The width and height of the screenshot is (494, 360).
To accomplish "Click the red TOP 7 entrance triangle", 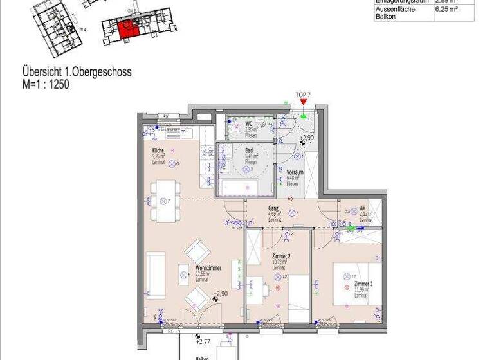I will tap(304, 102).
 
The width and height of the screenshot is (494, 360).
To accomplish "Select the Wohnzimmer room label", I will tap(204, 268).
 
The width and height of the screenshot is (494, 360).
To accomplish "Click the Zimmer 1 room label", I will tap(363, 283).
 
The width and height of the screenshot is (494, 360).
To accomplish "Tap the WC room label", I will tap(248, 122).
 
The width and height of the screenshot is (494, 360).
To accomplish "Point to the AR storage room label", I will tap(363, 208).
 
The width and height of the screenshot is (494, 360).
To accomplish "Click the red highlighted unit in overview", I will tap(126, 29).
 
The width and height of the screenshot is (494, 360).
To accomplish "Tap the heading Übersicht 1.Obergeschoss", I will tap(77, 73).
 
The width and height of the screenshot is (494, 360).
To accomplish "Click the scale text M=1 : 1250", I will tap(46, 84).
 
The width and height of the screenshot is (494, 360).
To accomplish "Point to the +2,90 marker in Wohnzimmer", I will tap(220, 294).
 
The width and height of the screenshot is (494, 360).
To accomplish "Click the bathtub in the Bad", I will tap(239, 187).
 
